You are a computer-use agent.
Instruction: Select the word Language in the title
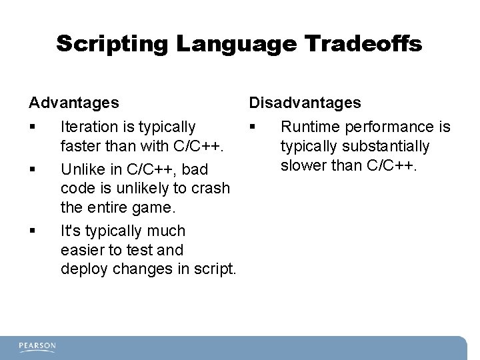click(233, 45)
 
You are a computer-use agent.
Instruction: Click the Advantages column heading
click(74, 103)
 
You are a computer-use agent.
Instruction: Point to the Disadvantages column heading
click(305, 103)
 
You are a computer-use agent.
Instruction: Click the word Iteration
click(90, 127)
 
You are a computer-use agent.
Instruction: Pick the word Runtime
click(308, 127)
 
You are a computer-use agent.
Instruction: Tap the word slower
click(303, 165)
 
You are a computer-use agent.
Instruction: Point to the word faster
click(80, 146)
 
